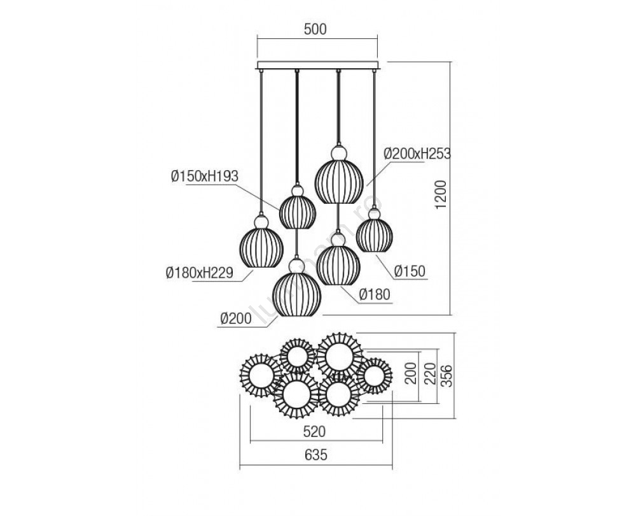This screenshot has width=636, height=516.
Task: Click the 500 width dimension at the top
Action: [x=315, y=29]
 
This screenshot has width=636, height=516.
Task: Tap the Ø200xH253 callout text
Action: [x=418, y=154]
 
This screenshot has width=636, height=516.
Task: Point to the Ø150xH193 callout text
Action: [x=205, y=178]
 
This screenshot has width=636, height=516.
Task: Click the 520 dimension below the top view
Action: [x=316, y=431]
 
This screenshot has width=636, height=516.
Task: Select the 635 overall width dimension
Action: [x=316, y=455]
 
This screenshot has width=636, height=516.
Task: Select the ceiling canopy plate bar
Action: [x=317, y=66]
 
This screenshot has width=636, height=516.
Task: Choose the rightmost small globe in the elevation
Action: [x=373, y=236]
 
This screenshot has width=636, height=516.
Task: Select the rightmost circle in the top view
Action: [x=374, y=375]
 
